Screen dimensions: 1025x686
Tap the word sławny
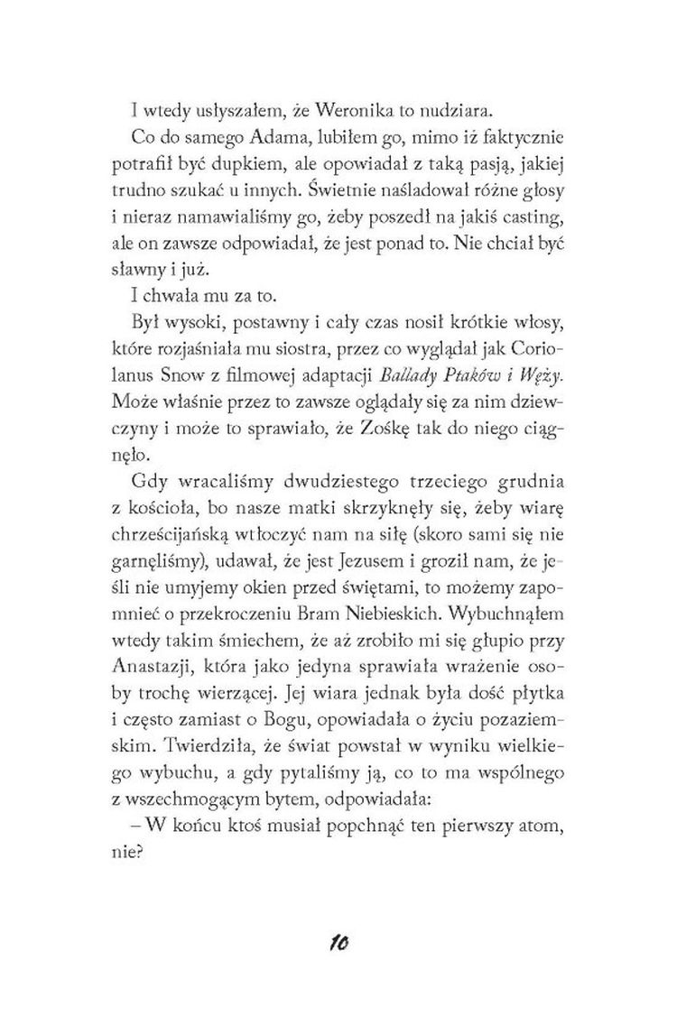pyautogui.click(x=159, y=271)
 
